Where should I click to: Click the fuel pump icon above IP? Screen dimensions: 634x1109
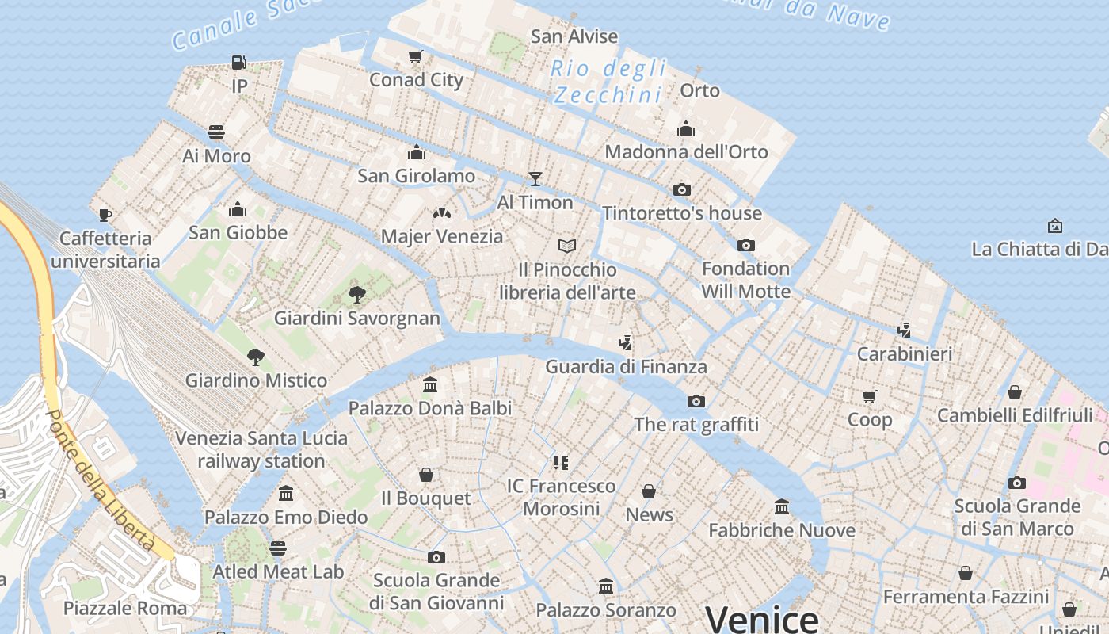pos(238,62)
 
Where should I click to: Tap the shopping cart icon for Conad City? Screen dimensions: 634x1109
pos(416,56)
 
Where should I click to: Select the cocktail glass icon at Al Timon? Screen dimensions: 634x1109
pos(535,179)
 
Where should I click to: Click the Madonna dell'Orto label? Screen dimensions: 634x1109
pos(686,151)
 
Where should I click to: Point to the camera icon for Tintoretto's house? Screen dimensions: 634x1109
pos(681,189)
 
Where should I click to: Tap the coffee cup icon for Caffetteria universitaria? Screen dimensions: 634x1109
pos(105,215)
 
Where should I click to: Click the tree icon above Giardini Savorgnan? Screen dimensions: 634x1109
pos(357,295)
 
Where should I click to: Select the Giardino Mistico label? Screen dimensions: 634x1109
pos(256,380)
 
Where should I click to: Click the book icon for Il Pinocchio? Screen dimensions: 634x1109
pos(566,246)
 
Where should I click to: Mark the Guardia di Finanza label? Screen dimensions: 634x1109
pos(626,367)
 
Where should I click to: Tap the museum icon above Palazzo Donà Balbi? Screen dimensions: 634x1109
pos(430,385)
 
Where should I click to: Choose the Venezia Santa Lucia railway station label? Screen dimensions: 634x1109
pos(261,449)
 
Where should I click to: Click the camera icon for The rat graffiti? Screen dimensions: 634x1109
pos(696,401)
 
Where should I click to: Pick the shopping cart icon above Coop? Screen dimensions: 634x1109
pos(870,396)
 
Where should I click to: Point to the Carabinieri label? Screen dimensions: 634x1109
pos(905,353)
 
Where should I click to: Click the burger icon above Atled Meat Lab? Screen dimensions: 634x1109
pos(277,548)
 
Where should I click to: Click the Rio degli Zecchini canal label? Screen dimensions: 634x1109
pos(609,82)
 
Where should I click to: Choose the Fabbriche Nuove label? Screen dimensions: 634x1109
pos(782,530)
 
